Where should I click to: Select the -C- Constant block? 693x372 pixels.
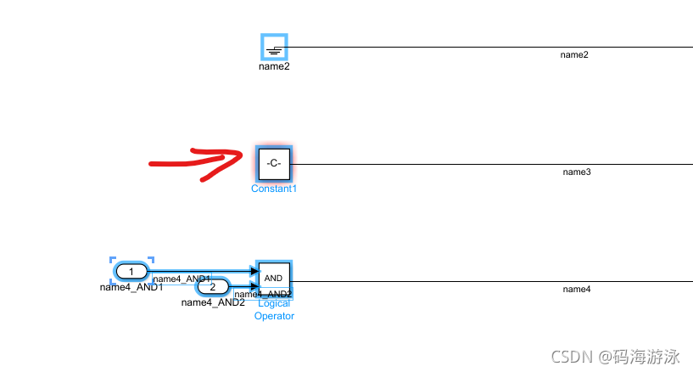(x=274, y=163)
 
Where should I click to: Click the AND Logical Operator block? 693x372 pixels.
(x=274, y=278)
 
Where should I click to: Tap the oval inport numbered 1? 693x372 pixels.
(x=131, y=271)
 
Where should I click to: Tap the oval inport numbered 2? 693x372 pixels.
(x=212, y=286)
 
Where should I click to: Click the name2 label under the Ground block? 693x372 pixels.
(x=274, y=66)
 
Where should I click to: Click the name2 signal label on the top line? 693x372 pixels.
(x=574, y=55)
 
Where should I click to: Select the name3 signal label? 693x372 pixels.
(x=576, y=172)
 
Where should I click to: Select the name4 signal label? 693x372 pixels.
(x=576, y=290)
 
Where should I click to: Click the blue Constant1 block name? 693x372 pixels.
(x=274, y=189)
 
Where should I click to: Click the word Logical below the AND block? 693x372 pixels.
(x=274, y=303)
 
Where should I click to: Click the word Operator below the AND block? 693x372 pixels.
(x=274, y=316)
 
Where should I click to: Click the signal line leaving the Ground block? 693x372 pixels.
(x=424, y=48)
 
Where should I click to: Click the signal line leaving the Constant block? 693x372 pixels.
(x=424, y=164)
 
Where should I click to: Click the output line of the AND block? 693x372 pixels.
(x=424, y=281)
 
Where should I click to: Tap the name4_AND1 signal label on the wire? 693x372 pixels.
(x=182, y=279)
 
